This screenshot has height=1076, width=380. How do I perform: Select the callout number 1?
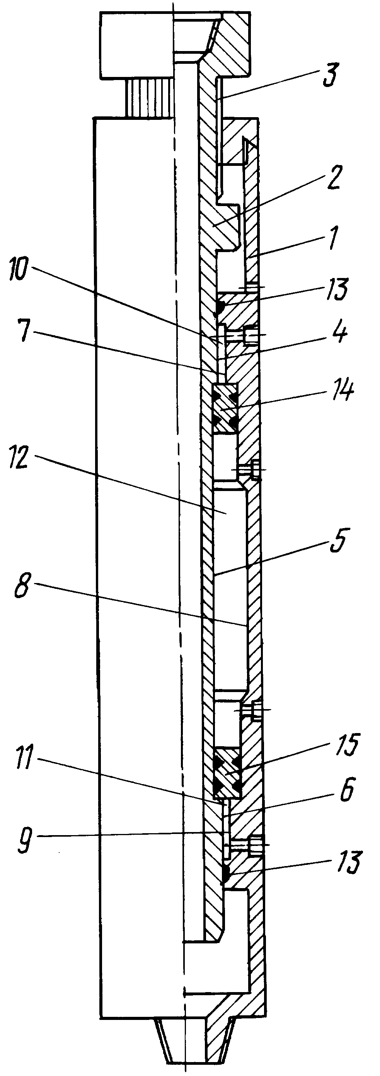pyautogui.click(x=332, y=238)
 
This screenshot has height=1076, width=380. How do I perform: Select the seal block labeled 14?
pyautogui.click(x=226, y=409)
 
